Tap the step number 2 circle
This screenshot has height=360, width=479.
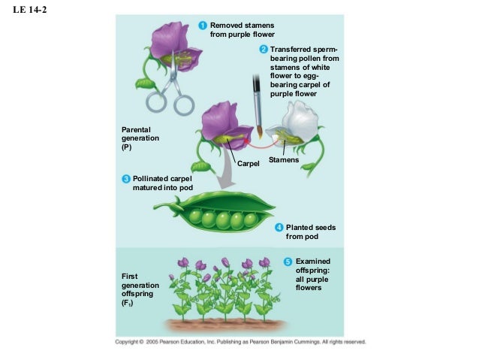264,50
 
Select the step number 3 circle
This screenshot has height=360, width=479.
126,178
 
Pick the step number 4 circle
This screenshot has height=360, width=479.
279,227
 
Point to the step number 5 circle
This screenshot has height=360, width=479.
288,261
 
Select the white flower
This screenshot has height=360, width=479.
295,124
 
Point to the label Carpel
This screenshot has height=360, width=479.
248,163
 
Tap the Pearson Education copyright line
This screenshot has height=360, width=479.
239,341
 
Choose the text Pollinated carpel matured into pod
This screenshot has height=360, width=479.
157,183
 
